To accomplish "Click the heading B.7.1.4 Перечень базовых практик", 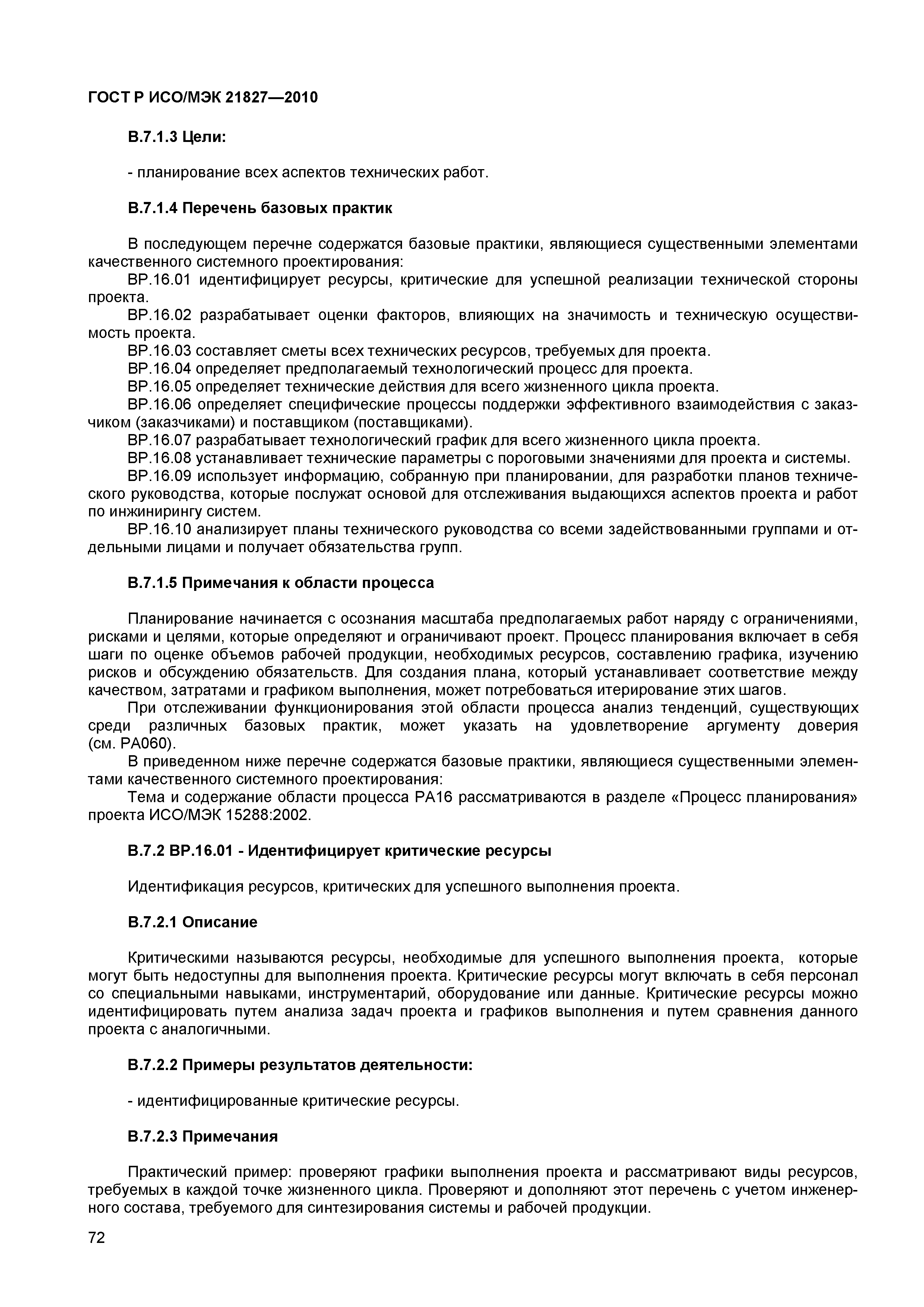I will (x=260, y=208).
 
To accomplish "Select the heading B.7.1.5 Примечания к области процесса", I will (x=281, y=583).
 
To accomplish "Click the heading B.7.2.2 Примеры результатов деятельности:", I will (x=300, y=1065).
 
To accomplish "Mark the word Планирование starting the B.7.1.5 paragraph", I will (x=173, y=619).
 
